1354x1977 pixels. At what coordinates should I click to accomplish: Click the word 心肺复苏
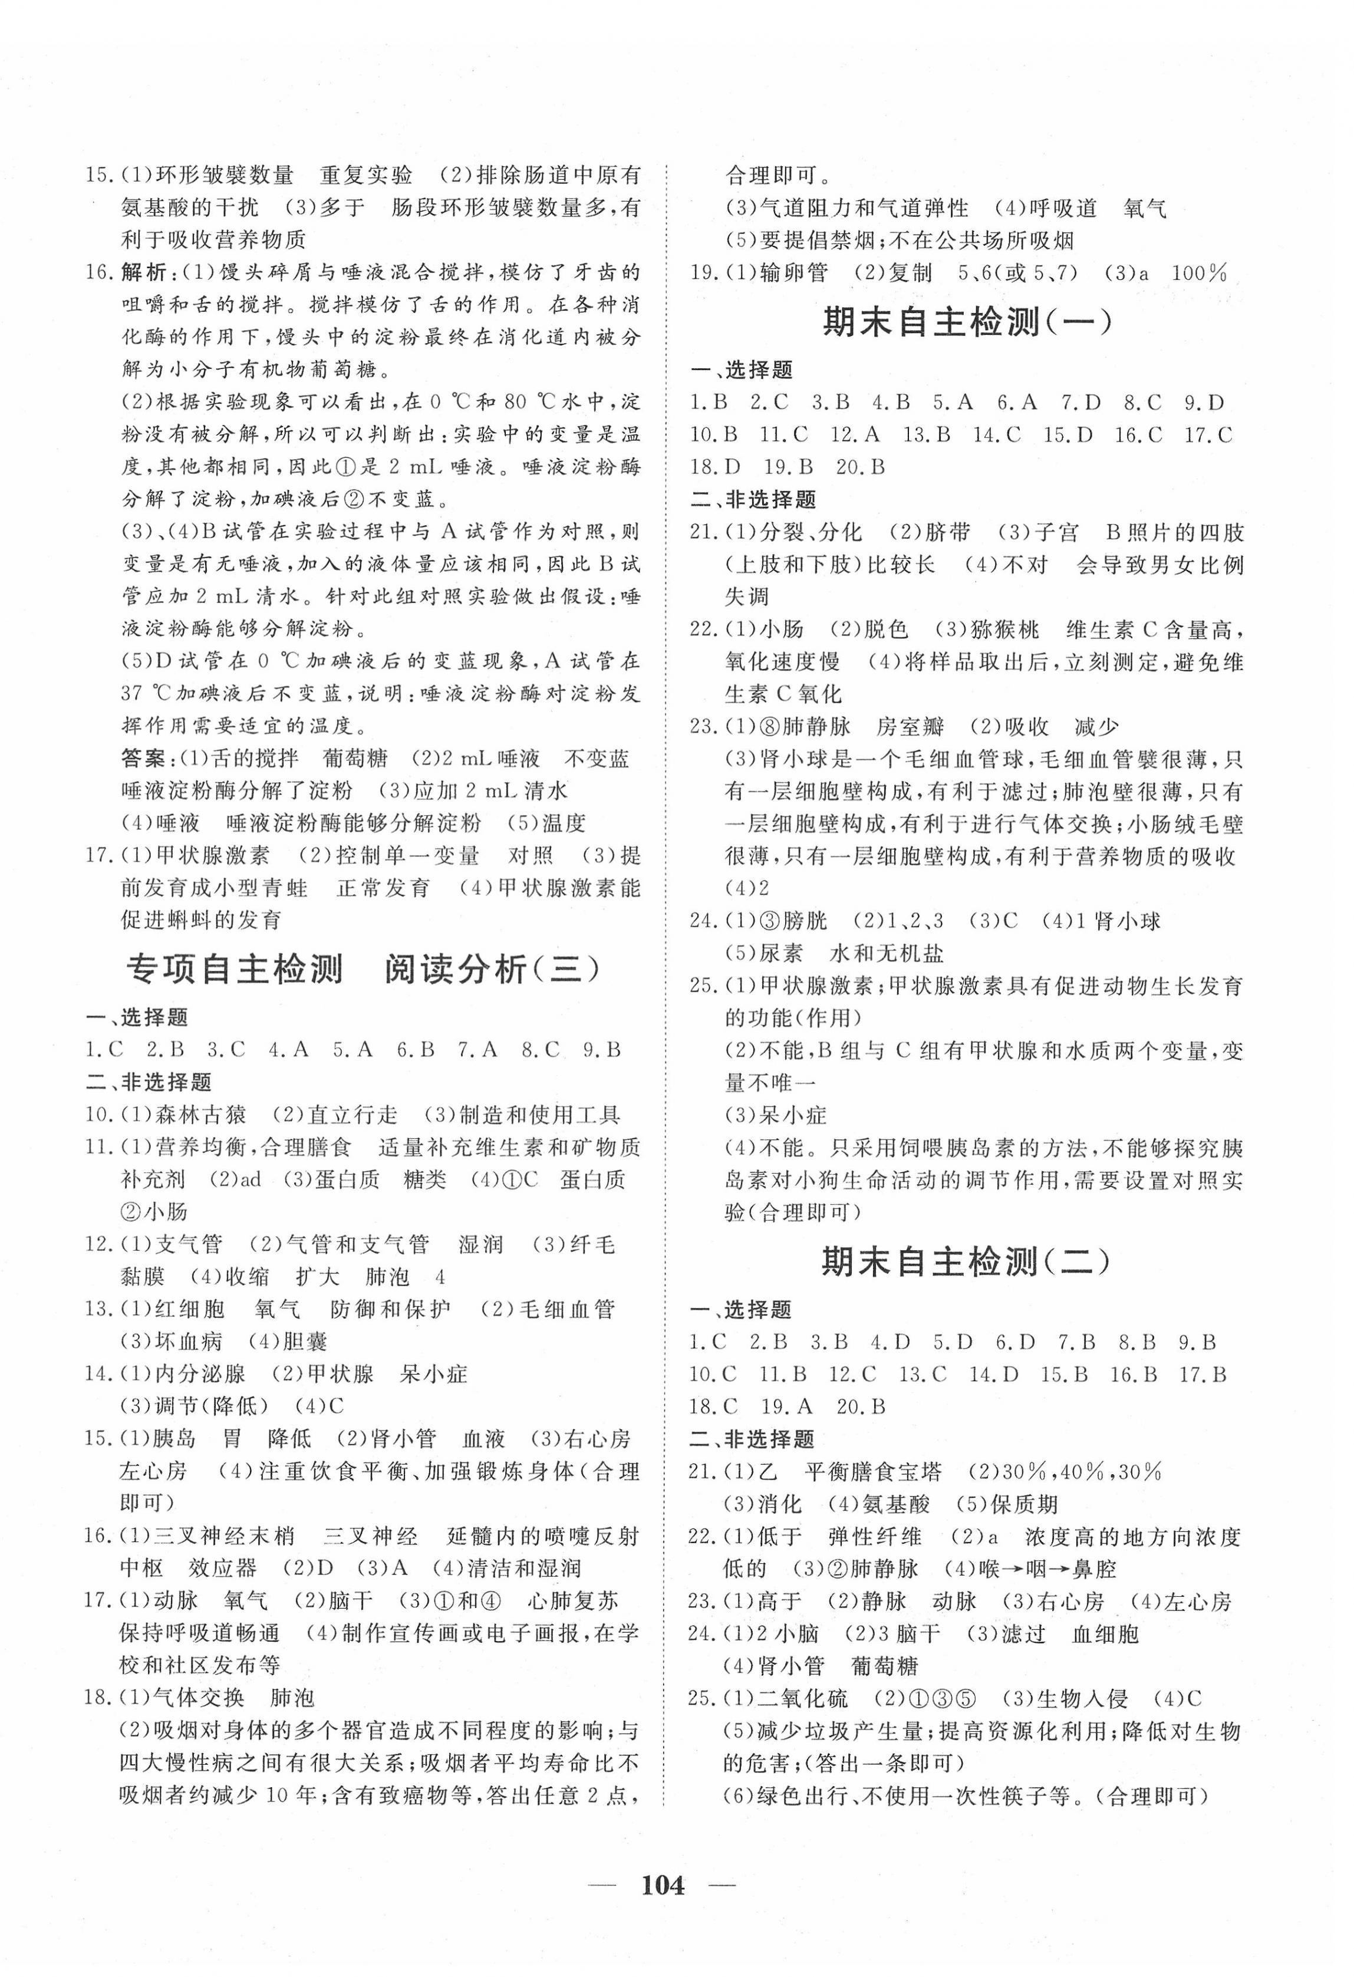click(572, 1601)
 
